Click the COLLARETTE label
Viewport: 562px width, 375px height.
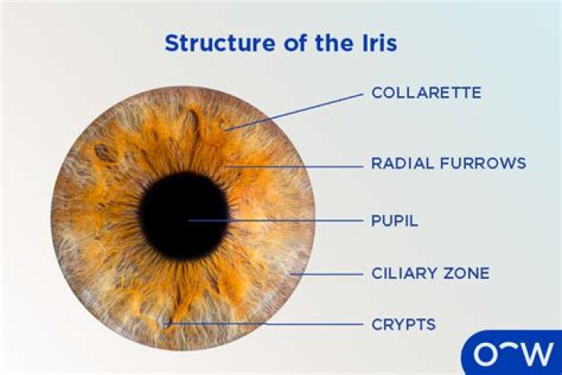(425, 93)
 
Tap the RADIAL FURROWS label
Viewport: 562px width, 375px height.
(448, 163)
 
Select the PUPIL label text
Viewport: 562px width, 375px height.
(394, 221)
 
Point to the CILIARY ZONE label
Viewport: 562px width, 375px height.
(430, 273)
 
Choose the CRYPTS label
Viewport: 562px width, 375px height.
(403, 323)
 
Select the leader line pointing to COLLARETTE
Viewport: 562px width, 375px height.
(297, 110)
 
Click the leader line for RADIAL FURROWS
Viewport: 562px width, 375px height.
(297, 165)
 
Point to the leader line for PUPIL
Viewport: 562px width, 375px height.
(281, 221)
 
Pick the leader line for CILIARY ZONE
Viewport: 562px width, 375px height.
(328, 274)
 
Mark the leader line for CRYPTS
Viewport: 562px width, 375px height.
(265, 323)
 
